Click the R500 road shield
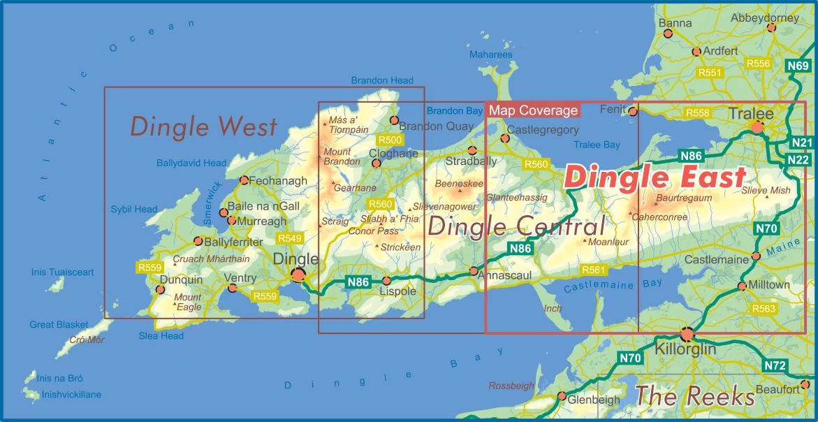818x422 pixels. (389, 140)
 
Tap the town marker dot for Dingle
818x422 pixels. (299, 275)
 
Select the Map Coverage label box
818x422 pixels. (534, 110)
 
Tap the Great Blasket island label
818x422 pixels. (59, 325)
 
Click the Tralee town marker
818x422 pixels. (757, 127)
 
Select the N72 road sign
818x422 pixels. (775, 365)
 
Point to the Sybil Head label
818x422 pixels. (134, 209)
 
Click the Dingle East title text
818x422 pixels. (655, 177)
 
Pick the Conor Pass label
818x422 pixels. (373, 231)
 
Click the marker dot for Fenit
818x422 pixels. (633, 111)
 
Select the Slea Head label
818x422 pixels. (161, 336)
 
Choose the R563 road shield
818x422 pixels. (764, 308)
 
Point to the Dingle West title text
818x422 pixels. (203, 126)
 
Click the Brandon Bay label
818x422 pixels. (454, 111)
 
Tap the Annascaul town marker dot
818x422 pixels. (474, 270)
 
